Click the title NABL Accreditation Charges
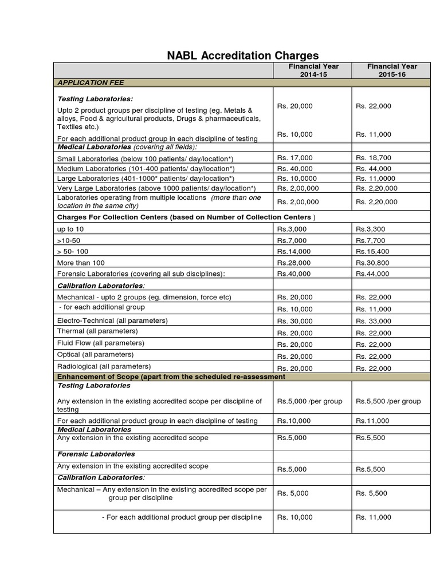click(x=242, y=56)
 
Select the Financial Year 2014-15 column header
click(x=313, y=70)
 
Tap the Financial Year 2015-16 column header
click(x=392, y=70)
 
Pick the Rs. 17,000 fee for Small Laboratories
click(x=295, y=157)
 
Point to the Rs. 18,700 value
click(x=373, y=157)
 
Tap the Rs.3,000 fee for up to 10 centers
click(x=292, y=229)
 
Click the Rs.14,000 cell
click(x=294, y=251)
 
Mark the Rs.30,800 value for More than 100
click(x=372, y=263)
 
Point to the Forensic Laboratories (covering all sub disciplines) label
click(x=141, y=274)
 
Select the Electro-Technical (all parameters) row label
click(x=112, y=320)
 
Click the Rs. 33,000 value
click(x=373, y=321)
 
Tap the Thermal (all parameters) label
click(x=97, y=331)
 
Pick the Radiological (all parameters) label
click(x=104, y=366)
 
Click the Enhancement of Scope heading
click(x=171, y=377)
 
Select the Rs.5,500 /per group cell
click(x=388, y=401)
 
